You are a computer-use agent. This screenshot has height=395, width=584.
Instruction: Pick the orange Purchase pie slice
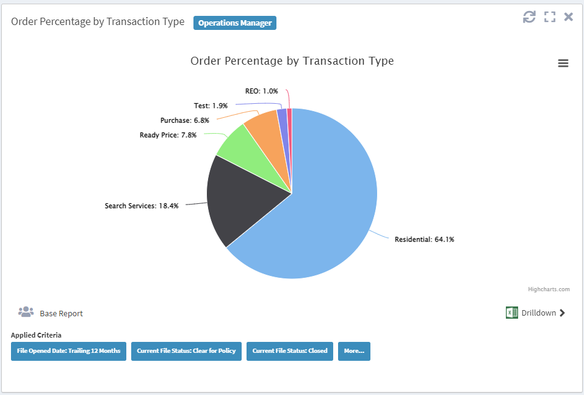264,128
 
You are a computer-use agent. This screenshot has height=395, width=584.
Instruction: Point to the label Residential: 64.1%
424,239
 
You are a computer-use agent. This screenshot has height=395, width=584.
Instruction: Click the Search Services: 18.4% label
142,206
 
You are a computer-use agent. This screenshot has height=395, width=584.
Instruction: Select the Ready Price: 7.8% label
168,135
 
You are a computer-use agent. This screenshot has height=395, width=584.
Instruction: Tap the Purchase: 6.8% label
184,120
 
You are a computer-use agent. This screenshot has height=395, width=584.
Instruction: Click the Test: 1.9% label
211,106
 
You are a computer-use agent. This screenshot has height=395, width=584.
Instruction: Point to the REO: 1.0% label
261,91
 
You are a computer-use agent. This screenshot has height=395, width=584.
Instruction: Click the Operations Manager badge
235,23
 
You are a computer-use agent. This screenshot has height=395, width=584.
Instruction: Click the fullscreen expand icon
550,17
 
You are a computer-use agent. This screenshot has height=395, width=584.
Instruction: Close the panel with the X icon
568,17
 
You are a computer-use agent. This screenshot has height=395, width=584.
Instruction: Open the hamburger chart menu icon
563,63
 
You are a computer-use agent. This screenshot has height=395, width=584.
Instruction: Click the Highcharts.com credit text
549,289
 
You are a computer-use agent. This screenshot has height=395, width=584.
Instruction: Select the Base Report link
61,313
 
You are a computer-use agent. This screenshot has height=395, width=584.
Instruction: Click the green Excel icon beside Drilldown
511,313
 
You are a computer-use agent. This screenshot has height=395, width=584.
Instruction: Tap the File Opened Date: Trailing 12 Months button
68,351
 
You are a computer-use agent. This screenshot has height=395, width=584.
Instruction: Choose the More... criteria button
354,351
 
